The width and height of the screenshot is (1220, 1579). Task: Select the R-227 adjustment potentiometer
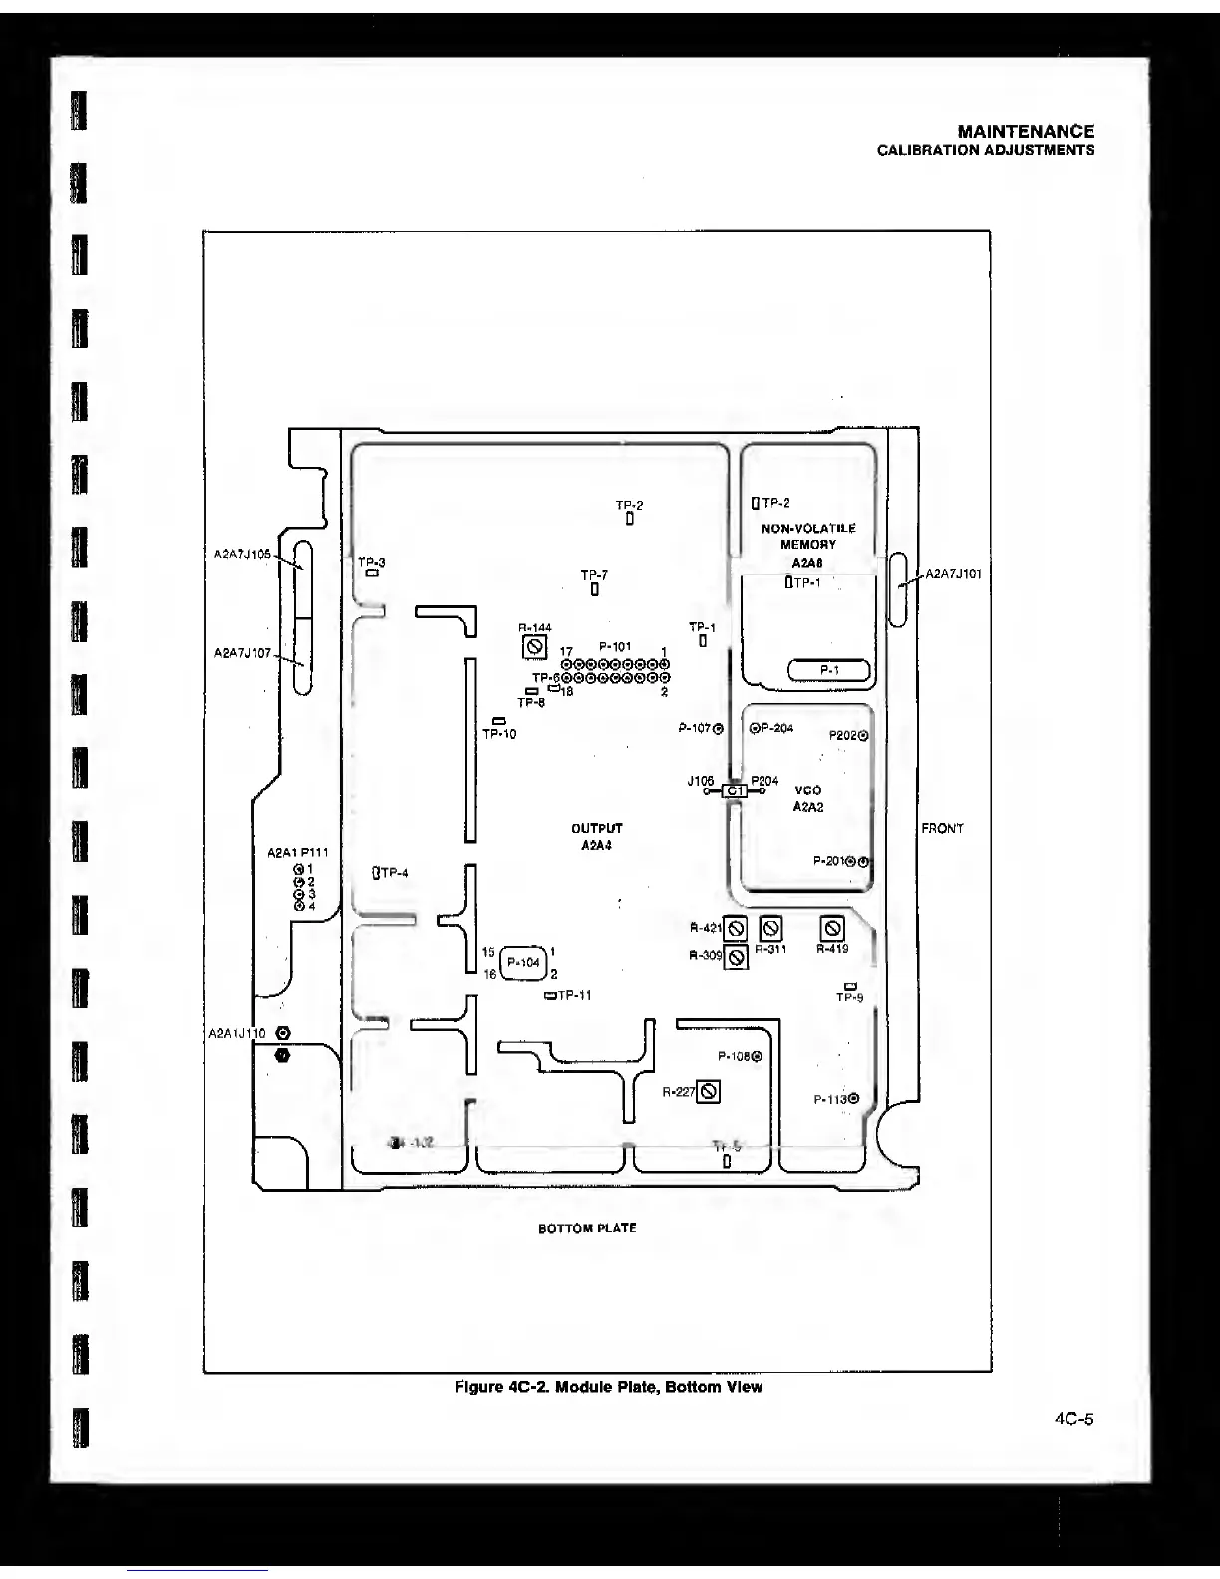(x=709, y=1092)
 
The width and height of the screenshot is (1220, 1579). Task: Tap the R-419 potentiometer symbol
(x=832, y=929)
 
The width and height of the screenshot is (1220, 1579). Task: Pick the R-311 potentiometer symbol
(x=771, y=929)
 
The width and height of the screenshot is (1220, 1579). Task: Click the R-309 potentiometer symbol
(x=736, y=957)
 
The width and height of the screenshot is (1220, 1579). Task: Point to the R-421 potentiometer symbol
(x=736, y=929)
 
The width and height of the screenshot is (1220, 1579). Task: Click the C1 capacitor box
(x=734, y=791)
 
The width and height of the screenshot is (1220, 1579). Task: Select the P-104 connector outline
(x=523, y=962)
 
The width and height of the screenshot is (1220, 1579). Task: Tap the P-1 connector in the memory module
(x=829, y=670)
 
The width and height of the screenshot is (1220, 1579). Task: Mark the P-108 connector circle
(x=757, y=1057)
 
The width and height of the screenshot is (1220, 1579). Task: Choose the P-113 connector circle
(x=854, y=1099)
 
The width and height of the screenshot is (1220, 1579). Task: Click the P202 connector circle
(x=863, y=736)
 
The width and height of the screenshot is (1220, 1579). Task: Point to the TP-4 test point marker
(x=375, y=874)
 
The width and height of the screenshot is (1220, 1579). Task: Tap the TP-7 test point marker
(x=594, y=589)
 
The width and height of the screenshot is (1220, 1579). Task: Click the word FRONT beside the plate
(x=942, y=829)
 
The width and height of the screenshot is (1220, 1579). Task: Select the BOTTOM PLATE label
(x=587, y=1228)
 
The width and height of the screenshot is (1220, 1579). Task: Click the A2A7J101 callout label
(x=954, y=574)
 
